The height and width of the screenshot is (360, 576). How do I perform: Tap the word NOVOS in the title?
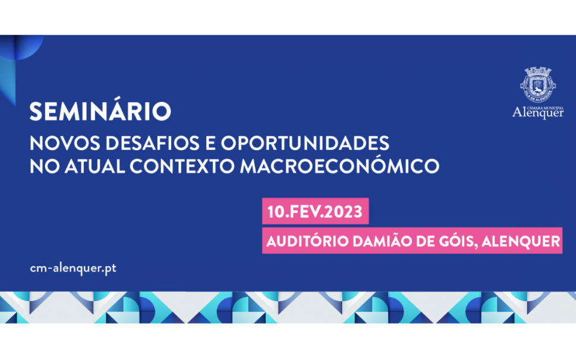65,143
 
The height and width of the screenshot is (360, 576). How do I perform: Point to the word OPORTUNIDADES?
305,143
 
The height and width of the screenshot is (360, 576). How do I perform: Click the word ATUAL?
95,166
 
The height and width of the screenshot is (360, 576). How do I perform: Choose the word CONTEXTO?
182,166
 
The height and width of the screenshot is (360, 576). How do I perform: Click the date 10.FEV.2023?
315,212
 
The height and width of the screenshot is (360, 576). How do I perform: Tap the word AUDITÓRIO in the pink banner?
308,241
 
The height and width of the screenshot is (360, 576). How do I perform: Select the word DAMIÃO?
382,241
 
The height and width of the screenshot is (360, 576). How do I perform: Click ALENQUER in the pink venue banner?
521,242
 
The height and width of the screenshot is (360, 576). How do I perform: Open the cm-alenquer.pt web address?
73,268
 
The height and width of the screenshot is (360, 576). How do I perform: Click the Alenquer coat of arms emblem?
538,85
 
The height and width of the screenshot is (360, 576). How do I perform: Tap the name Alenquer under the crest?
538,112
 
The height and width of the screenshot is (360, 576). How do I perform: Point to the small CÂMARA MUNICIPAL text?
545,108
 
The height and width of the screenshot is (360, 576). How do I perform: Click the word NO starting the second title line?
45,166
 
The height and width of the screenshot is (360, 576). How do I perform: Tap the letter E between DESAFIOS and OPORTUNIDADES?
210,143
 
